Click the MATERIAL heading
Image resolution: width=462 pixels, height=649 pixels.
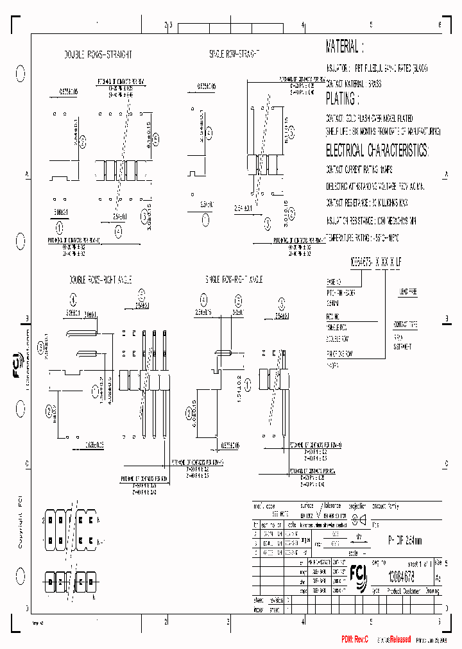click(x=345, y=47)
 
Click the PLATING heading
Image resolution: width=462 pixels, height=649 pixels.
click(x=340, y=99)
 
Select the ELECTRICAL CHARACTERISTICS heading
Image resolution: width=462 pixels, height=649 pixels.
click(x=377, y=151)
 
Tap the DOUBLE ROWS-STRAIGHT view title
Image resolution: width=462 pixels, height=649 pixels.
click(x=89, y=55)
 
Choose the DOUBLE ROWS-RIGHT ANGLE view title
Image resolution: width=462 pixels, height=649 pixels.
click(x=100, y=280)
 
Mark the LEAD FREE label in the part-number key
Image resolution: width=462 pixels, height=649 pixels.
click(x=408, y=291)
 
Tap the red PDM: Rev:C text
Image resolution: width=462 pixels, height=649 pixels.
click(x=356, y=638)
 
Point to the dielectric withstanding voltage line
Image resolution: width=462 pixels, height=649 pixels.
click(x=375, y=186)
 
